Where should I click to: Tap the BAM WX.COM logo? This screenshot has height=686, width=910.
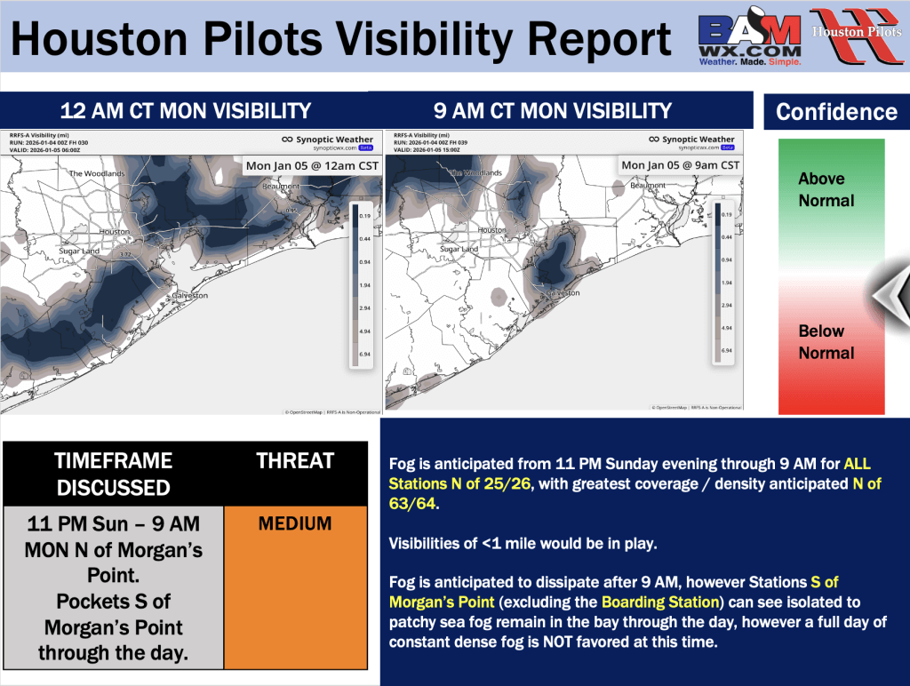pos(750,40)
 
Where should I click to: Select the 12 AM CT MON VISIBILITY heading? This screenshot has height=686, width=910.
pos(186,111)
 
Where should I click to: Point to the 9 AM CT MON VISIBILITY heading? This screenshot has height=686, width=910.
pos(553,111)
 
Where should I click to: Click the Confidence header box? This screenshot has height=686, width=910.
pos(836,112)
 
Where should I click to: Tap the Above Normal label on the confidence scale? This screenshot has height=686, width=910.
pos(826,189)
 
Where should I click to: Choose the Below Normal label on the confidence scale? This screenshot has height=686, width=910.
pos(826,341)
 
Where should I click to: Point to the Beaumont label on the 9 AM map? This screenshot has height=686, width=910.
pos(648,186)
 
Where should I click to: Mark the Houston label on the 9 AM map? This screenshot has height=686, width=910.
pos(491,230)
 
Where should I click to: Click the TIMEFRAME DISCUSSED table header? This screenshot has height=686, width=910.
pos(113,474)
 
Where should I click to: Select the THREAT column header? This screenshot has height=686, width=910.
pos(295,460)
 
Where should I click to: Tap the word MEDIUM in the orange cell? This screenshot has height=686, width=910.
pos(295,524)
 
